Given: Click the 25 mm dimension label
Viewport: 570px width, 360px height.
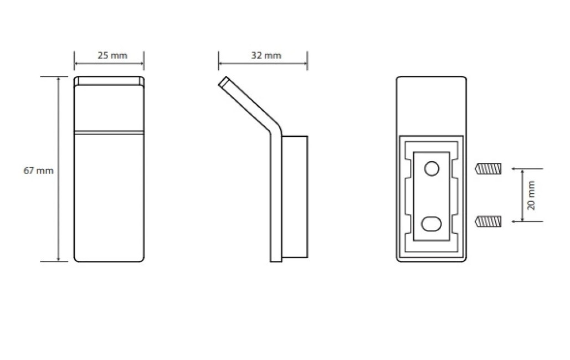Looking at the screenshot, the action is pyautogui.click(x=112, y=55).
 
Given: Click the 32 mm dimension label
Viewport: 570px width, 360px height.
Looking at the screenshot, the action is pyautogui.click(x=266, y=55).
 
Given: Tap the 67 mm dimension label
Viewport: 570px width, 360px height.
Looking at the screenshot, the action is pyautogui.click(x=38, y=171).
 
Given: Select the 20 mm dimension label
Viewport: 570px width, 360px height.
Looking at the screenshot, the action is pyautogui.click(x=531, y=196).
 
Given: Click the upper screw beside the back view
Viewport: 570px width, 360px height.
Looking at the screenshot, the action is pyautogui.click(x=488, y=169).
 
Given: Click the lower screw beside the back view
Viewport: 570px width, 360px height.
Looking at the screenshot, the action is pyautogui.click(x=488, y=222).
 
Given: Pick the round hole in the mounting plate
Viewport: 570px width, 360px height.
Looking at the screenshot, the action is pyautogui.click(x=432, y=169).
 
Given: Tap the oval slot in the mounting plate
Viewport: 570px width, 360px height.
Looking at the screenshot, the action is pyautogui.click(x=432, y=224).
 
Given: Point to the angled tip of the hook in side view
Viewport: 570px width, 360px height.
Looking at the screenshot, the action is pyautogui.click(x=223, y=81).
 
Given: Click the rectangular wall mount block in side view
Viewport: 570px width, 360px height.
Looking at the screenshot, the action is pyautogui.click(x=295, y=197).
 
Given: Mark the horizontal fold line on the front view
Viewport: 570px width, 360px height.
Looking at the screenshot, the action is pyautogui.click(x=109, y=133).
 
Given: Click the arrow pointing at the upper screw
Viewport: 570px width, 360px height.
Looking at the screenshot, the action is pyautogui.click(x=527, y=169).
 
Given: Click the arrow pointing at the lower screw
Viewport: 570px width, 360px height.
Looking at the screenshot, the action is pyautogui.click(x=527, y=222).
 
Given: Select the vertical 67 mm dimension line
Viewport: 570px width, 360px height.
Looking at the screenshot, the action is pyautogui.click(x=58, y=169).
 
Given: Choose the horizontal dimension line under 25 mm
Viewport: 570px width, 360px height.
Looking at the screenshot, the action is pyautogui.click(x=109, y=64).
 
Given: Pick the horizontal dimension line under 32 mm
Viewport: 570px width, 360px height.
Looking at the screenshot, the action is pyautogui.click(x=263, y=64).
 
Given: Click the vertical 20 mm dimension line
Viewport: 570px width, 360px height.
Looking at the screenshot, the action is pyautogui.click(x=522, y=196).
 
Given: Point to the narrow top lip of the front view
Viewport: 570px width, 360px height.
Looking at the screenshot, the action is pyautogui.click(x=109, y=81).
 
